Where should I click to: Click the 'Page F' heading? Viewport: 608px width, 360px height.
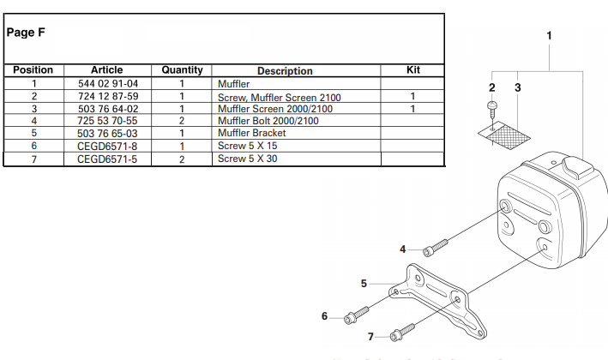(x=26, y=33)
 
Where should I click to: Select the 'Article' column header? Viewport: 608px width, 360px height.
(x=106, y=70)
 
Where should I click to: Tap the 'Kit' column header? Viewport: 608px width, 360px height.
(x=412, y=70)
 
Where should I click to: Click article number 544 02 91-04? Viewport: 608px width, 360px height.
(x=107, y=85)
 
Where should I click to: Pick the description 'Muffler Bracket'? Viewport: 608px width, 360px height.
(x=253, y=134)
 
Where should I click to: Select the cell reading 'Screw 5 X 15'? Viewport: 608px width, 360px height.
(x=246, y=147)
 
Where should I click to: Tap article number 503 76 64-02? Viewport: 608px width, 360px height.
(x=107, y=109)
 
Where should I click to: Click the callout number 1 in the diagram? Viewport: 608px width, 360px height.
(x=549, y=36)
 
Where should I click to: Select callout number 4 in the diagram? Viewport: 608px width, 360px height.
(x=402, y=249)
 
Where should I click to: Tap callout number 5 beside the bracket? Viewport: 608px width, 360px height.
(x=364, y=282)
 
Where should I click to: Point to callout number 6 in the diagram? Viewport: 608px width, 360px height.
(x=324, y=317)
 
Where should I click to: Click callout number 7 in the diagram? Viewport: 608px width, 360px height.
(x=370, y=336)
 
